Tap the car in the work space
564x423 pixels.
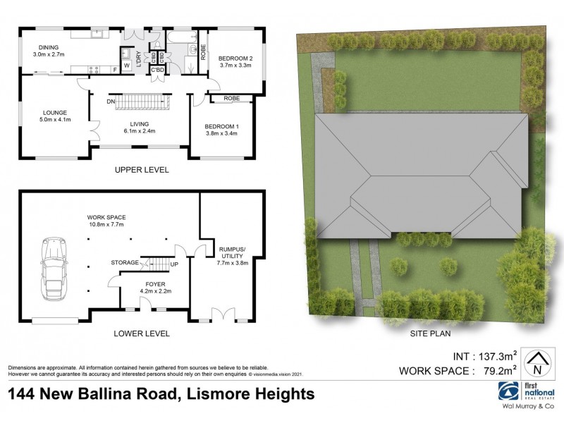[54, 269]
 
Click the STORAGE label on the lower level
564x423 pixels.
[125, 263]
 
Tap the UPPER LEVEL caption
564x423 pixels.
[141, 170]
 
